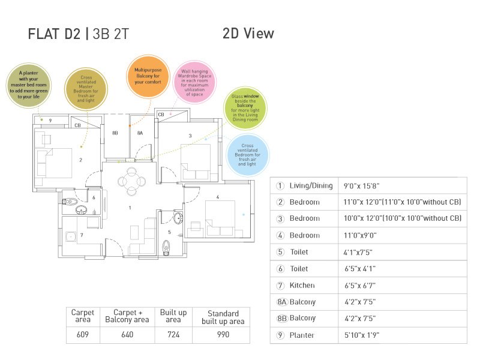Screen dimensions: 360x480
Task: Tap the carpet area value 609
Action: (82, 335)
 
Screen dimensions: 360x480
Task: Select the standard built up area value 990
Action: (223, 335)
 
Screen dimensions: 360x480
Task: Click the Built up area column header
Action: (173, 316)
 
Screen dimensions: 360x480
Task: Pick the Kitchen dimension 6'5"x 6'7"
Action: (360, 286)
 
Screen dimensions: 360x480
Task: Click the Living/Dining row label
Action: (310, 186)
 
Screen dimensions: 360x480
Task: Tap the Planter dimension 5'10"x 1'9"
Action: (362, 335)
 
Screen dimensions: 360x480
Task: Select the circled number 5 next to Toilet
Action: (280, 253)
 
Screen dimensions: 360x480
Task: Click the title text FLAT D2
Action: (54, 34)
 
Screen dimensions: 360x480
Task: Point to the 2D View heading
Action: (248, 34)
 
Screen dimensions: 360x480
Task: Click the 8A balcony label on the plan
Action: (140, 133)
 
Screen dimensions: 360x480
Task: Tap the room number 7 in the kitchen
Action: (81, 235)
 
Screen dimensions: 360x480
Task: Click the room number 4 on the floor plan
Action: (217, 197)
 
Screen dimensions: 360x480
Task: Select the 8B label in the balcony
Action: (115, 133)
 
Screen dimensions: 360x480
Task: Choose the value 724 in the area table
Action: (173, 335)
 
